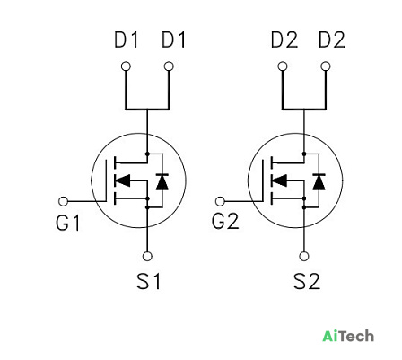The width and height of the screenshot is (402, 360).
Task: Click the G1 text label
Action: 68,223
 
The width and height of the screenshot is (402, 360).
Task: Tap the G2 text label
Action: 225,222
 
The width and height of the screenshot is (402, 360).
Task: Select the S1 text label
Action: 149,281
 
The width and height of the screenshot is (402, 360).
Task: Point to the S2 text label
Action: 307,281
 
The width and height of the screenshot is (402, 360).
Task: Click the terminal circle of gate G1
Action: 64,201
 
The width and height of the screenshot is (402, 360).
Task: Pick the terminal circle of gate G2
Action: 220,201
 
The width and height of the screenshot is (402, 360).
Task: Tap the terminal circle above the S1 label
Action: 147,256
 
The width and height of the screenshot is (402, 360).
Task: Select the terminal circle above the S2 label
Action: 304,256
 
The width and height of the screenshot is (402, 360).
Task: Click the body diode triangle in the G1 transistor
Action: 162,182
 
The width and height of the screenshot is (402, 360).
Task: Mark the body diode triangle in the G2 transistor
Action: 319,182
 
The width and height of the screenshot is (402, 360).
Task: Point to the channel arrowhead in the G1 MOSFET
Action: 123,180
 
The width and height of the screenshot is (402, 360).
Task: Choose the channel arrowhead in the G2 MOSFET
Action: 279,180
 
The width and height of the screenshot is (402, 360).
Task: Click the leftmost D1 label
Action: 127,40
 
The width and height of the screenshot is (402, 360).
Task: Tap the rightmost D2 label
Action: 332,40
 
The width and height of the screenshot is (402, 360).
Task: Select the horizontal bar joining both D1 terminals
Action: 147,109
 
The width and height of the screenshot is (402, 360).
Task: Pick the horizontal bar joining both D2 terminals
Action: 304,109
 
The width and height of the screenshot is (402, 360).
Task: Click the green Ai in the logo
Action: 331,336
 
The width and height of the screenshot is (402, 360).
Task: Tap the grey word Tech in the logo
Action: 356,336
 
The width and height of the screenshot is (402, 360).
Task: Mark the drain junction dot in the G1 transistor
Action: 147,154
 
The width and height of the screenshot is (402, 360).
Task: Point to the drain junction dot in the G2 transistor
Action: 304,154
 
